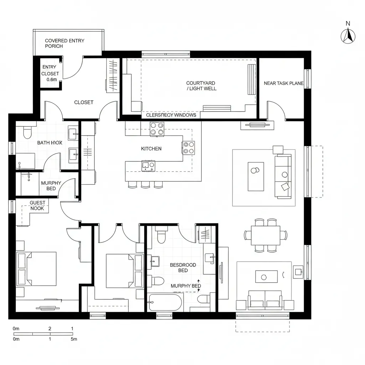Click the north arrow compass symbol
pos(349,36)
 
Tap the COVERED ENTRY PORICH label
pos(65,43)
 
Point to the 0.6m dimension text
pos(52,79)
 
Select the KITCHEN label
pos(151,149)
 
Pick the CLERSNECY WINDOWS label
pos(171,115)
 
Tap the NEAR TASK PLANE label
pos(283,83)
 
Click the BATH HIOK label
pos(50,143)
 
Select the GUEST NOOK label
pos(37,205)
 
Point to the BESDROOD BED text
pos(183,268)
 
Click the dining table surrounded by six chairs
pos(266,235)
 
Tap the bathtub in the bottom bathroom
pos(165,303)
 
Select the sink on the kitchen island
pos(148,165)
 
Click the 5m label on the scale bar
pos(74,339)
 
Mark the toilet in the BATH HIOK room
pos(27,133)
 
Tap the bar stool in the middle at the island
pos(145,184)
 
